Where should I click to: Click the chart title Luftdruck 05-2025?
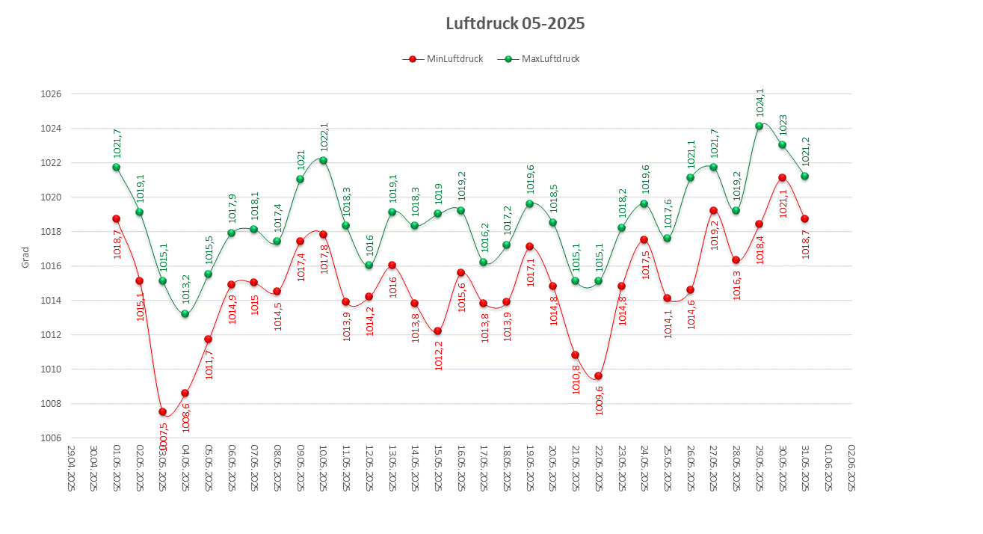(515, 23)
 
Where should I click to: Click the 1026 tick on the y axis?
(51, 94)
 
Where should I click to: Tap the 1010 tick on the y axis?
(51, 369)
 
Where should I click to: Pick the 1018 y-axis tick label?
(51, 232)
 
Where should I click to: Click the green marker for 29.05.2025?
(759, 126)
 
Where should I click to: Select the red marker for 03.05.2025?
(162, 411)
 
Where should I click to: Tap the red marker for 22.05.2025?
(598, 375)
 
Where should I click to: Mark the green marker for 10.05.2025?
(323, 160)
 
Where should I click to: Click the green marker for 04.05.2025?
(185, 313)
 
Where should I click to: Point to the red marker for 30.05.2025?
(782, 177)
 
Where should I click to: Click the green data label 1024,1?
(760, 102)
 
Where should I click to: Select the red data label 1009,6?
(599, 399)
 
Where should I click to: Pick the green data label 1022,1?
(324, 137)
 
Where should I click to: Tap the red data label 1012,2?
(438, 355)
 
